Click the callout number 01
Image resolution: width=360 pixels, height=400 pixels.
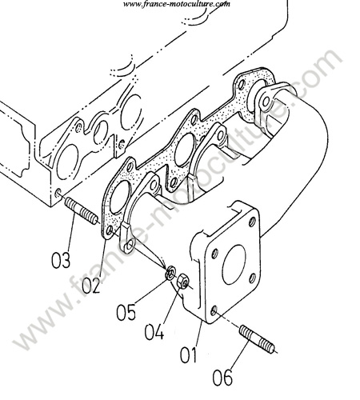(188, 354)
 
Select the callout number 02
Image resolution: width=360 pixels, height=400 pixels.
(91, 285)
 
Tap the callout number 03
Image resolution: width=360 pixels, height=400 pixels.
(61, 260)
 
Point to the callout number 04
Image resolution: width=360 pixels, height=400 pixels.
(154, 331)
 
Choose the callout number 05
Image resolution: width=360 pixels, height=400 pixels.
(126, 311)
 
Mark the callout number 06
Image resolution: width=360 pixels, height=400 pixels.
(222, 377)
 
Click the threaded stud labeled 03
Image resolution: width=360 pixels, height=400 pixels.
(82, 211)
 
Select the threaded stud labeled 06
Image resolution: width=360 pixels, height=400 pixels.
(257, 338)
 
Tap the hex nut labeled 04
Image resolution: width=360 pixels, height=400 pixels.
(183, 281)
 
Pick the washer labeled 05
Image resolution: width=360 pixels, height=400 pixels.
(170, 274)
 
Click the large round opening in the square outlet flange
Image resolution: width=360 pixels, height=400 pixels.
(234, 265)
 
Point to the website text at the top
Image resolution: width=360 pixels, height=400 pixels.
(177, 4)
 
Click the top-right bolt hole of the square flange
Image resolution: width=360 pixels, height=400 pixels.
(252, 222)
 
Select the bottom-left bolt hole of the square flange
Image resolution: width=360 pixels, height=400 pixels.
(214, 310)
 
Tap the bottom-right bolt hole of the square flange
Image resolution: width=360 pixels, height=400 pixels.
(253, 278)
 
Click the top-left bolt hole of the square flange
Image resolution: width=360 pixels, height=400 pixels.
(214, 254)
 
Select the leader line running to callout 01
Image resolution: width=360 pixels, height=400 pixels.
(199, 334)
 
